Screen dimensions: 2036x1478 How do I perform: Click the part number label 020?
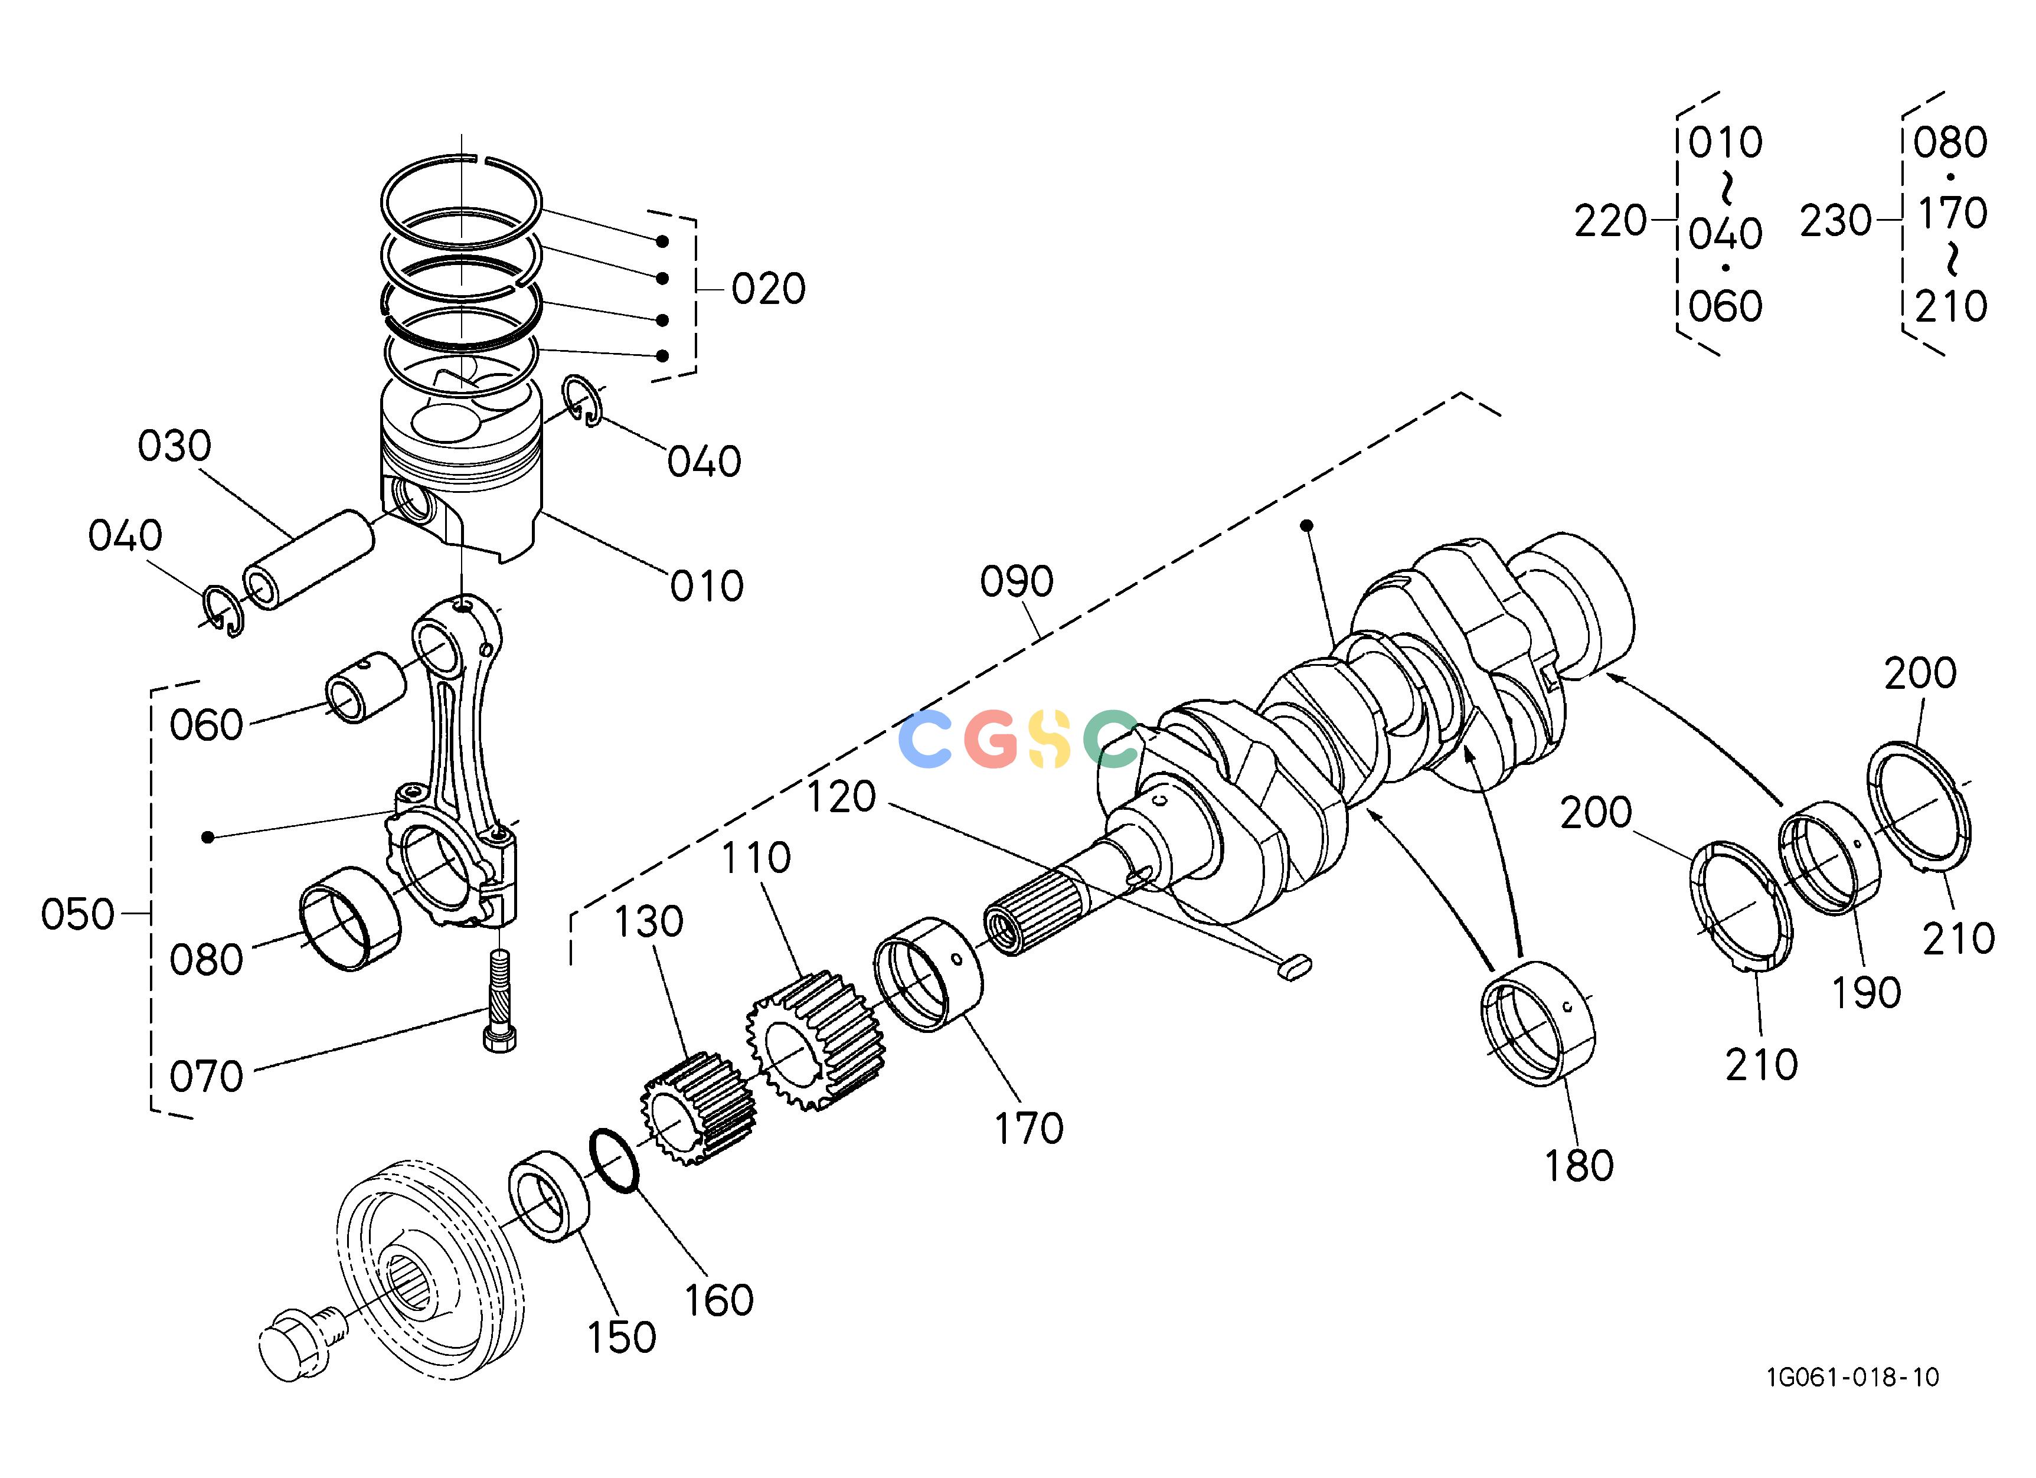click(x=769, y=289)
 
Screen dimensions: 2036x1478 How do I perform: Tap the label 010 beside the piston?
click(x=707, y=587)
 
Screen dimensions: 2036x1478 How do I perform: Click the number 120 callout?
click(x=841, y=797)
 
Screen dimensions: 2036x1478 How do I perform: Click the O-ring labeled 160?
click(x=614, y=1161)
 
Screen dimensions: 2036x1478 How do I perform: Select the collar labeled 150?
click(x=550, y=1196)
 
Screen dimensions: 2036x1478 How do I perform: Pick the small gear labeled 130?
click(x=698, y=1109)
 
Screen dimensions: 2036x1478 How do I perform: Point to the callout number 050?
click(x=77, y=915)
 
